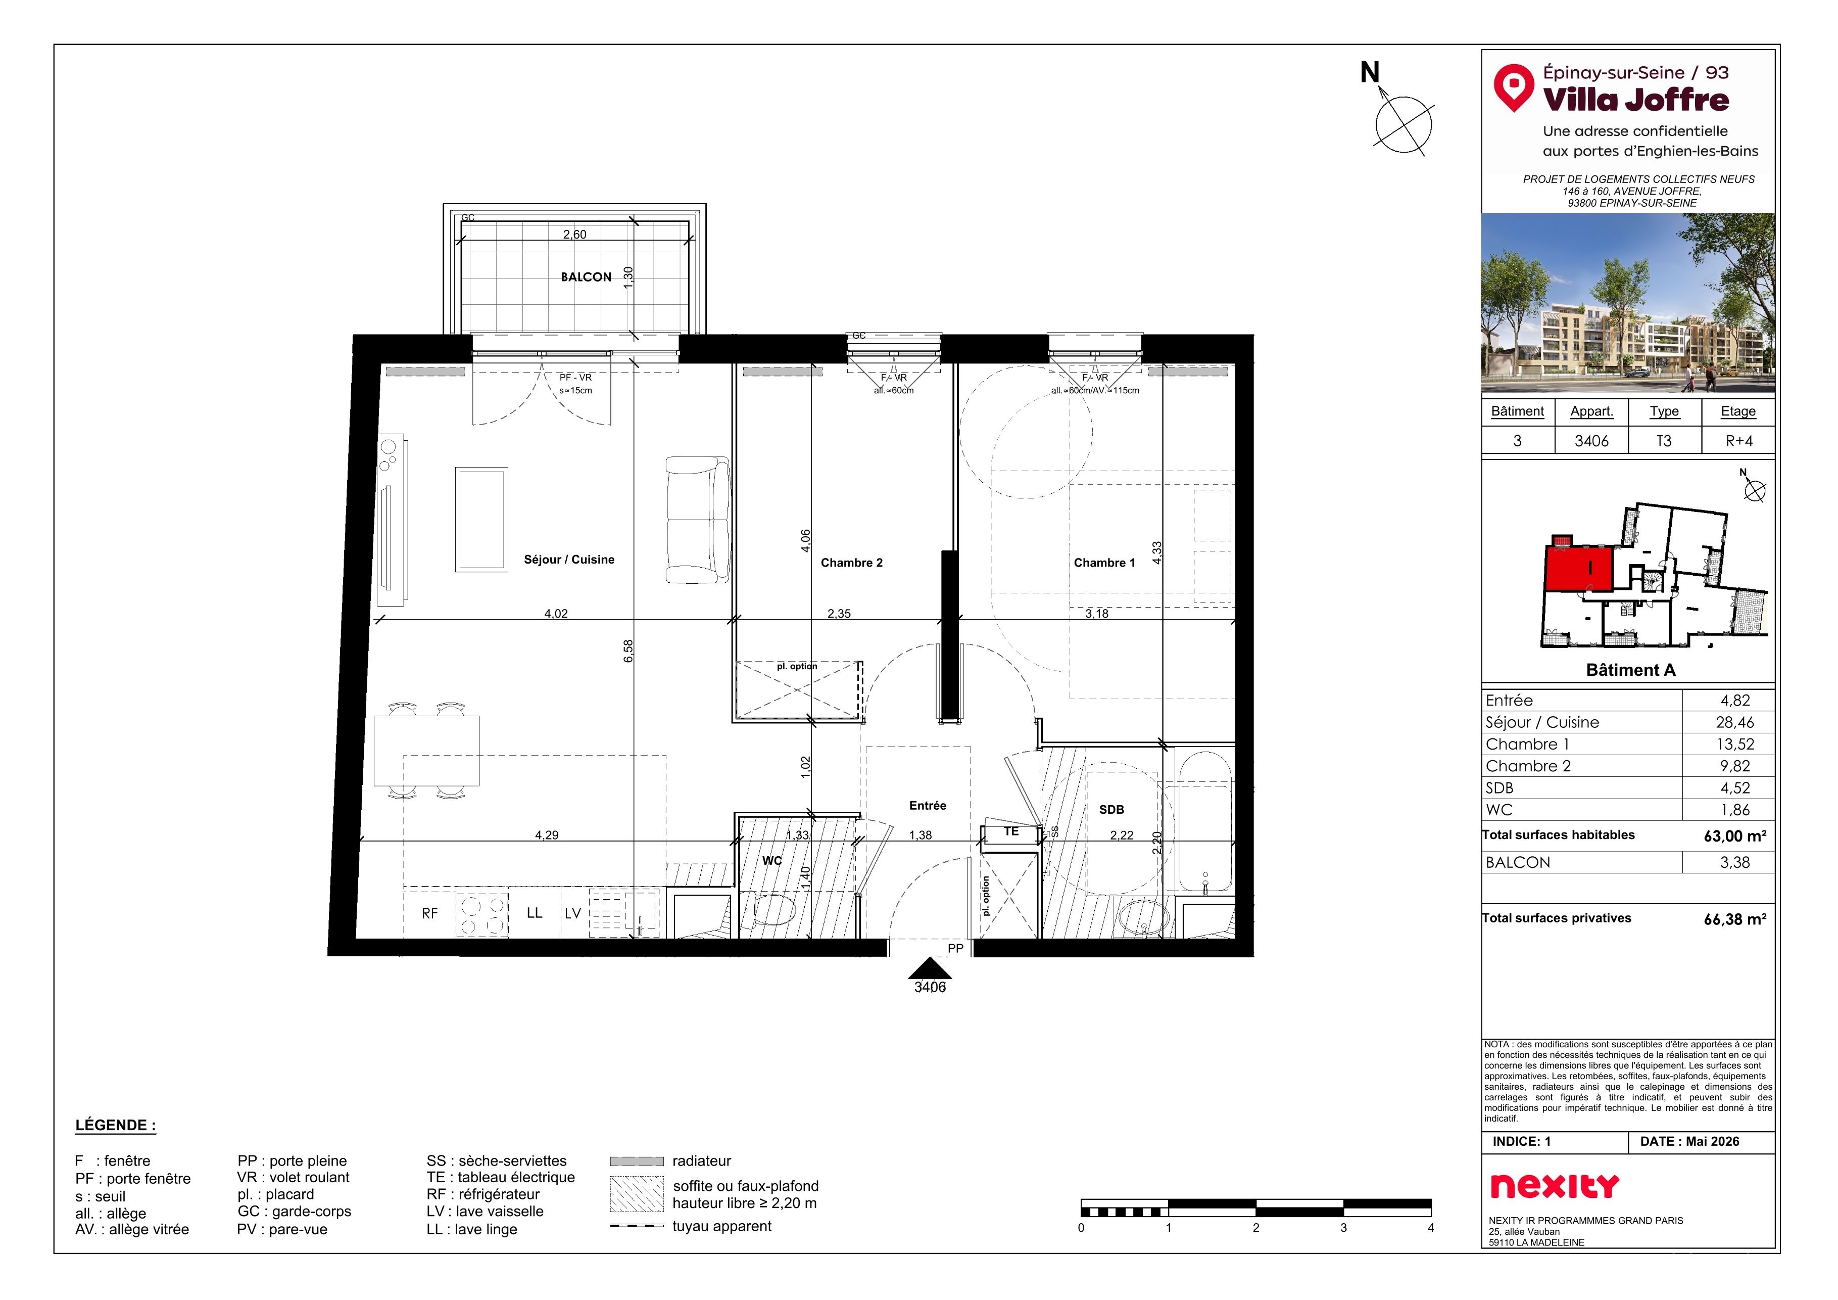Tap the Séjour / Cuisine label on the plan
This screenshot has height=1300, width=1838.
(569, 560)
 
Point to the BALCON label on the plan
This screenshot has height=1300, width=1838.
(586, 277)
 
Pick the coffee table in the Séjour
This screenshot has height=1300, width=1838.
(481, 520)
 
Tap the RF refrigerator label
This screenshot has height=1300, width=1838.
(430, 913)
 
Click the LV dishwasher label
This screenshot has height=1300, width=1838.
(573, 913)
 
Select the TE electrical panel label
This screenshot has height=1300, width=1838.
(1012, 831)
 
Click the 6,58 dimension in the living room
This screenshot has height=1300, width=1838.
(628, 651)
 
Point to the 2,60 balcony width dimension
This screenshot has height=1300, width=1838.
(574, 235)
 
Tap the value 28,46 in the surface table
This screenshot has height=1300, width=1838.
(1735, 722)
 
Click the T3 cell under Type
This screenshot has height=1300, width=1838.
(1664, 441)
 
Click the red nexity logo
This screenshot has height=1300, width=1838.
(1555, 1186)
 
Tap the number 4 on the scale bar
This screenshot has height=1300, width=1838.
(1430, 1228)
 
